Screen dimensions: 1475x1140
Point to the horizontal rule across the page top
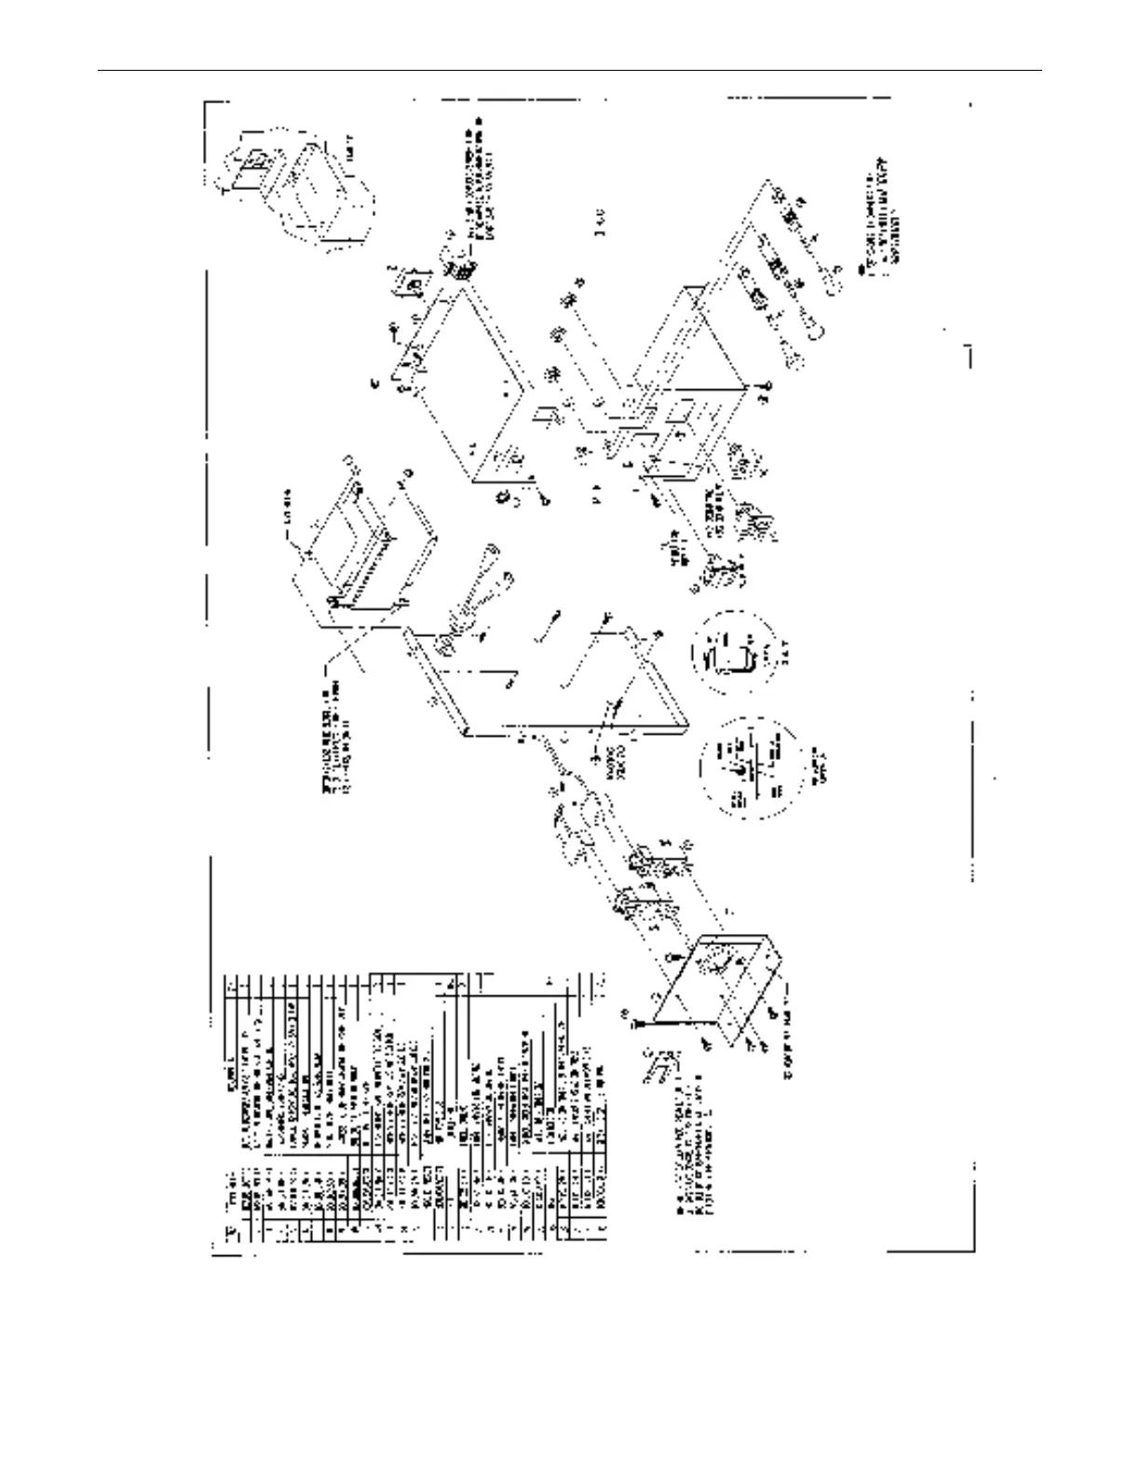[x=570, y=70]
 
